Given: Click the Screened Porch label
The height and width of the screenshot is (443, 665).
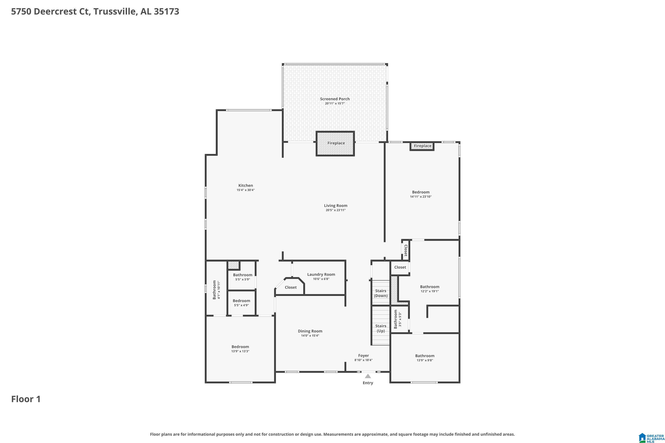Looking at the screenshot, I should [335, 99].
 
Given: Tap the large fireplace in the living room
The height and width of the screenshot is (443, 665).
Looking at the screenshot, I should [335, 144].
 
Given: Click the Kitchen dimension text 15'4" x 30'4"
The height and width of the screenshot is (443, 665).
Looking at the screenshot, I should [245, 190].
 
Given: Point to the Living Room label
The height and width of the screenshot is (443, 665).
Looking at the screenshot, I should [336, 206].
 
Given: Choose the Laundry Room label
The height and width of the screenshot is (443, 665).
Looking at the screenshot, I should [321, 274].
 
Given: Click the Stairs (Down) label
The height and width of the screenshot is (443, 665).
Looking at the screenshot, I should [381, 293].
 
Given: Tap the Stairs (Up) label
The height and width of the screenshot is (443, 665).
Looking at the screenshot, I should [381, 328].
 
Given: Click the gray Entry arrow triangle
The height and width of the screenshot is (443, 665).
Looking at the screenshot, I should [368, 376].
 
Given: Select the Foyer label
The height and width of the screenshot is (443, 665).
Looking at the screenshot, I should [363, 356].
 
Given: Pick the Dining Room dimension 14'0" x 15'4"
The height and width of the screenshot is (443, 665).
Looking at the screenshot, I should [310, 336].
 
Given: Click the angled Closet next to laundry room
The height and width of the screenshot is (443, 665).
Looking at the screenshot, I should [291, 287].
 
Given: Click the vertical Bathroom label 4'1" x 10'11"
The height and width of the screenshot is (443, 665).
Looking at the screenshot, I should [216, 290].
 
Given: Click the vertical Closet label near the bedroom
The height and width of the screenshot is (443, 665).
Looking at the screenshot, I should [406, 250].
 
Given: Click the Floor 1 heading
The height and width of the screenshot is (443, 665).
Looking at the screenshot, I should [26, 399].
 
